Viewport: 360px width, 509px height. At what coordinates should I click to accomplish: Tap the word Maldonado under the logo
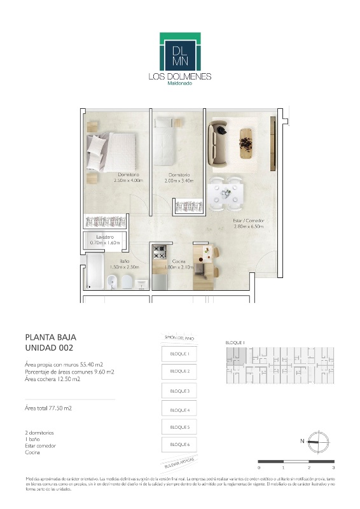click(179, 83)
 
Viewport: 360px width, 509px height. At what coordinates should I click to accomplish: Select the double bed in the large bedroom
click(113, 151)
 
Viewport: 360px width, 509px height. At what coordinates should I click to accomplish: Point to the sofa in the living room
click(220, 142)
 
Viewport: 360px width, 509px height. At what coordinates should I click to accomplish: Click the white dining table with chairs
click(226, 192)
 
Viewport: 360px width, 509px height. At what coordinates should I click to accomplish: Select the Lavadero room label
click(97, 237)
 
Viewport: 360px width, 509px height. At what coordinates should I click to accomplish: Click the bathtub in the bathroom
click(94, 272)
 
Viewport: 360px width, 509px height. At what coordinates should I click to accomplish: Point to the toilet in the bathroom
click(127, 282)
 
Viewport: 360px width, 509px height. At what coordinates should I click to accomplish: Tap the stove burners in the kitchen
click(159, 251)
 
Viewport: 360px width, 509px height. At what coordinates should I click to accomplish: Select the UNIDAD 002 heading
click(49, 347)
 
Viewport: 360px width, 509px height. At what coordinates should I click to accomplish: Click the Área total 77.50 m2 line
click(48, 408)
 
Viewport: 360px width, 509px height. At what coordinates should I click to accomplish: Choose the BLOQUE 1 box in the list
click(179, 353)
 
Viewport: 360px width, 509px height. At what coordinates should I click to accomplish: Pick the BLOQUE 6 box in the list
click(179, 443)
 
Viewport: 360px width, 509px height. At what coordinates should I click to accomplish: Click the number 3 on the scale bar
click(333, 468)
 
